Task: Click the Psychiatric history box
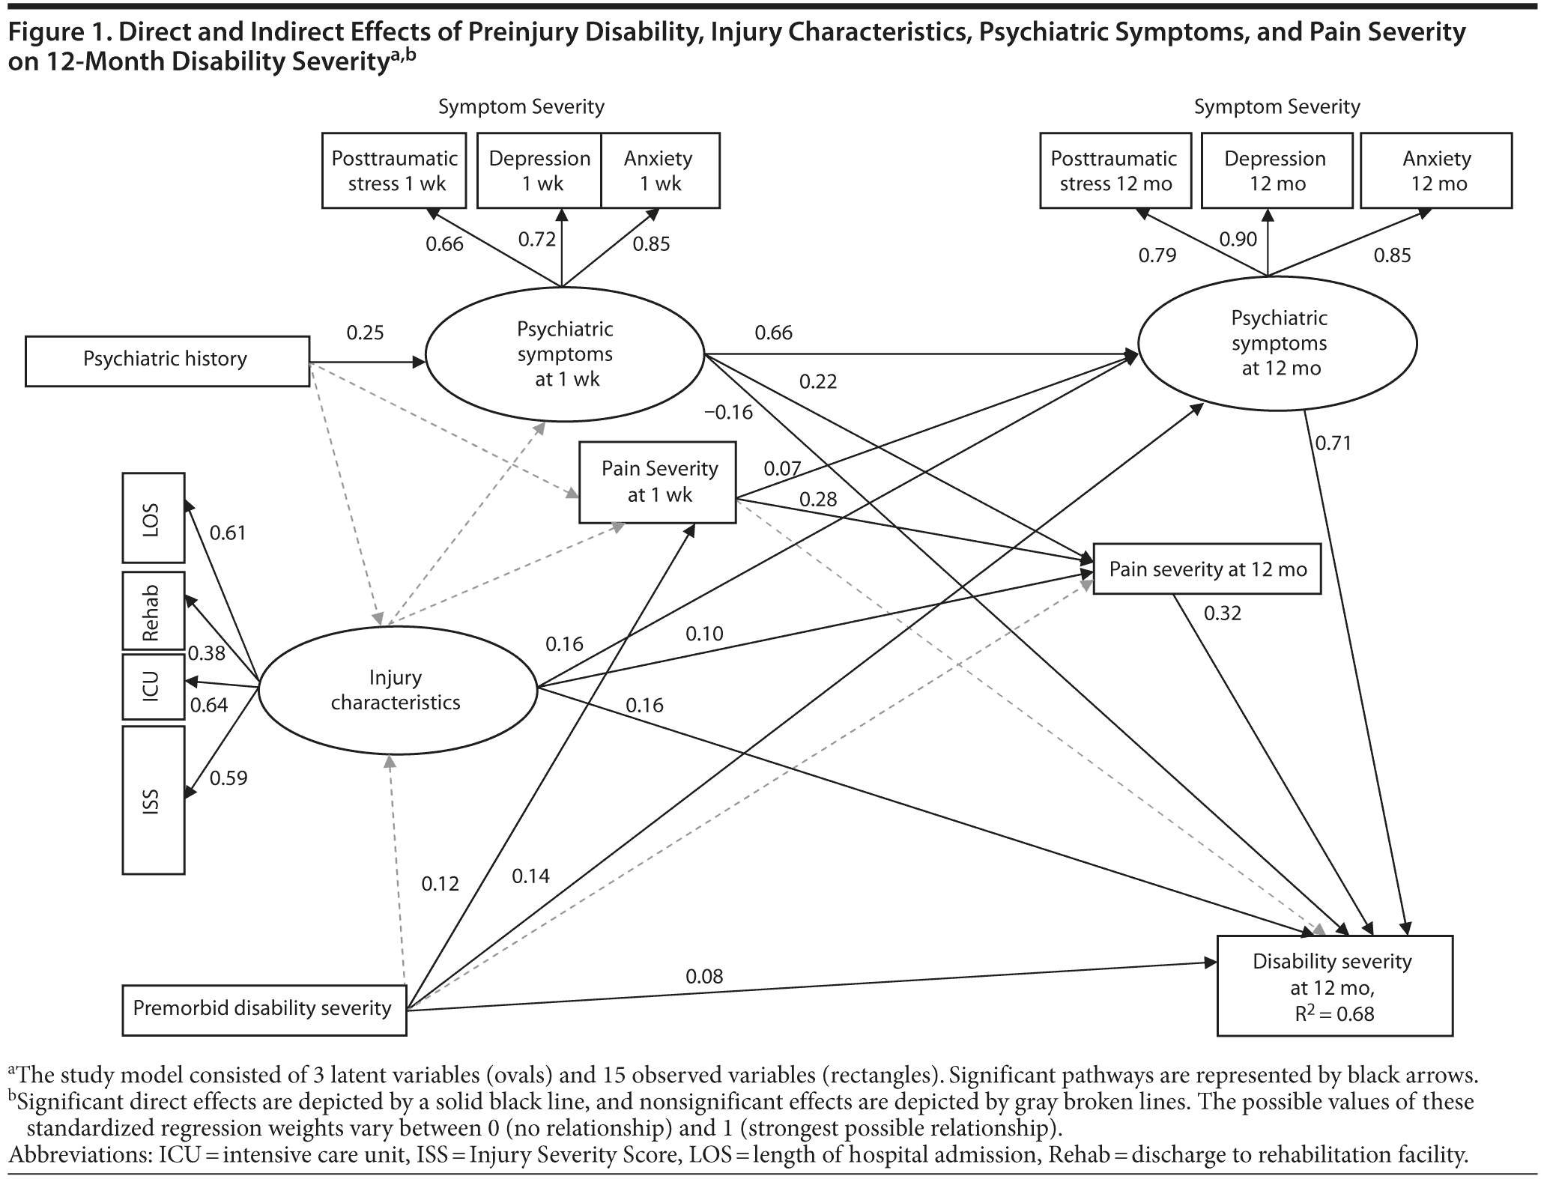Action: tap(167, 361)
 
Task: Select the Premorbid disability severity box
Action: tap(264, 1009)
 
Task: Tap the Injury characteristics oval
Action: tap(397, 690)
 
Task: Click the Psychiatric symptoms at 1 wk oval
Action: tap(565, 354)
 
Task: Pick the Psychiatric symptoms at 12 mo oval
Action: tap(1278, 343)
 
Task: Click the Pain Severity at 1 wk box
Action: tap(657, 482)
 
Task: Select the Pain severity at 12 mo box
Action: tap(1207, 569)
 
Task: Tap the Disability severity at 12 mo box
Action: tap(1334, 986)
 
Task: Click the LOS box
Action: tap(153, 518)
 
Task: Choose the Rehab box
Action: tap(153, 610)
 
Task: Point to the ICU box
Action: tap(153, 686)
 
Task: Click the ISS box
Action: tap(153, 799)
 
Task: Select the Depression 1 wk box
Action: tap(539, 171)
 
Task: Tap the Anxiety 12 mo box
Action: tap(1435, 171)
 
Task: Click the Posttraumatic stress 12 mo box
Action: tap(1115, 171)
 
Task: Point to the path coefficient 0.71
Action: tap(1333, 443)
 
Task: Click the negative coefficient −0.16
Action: tap(728, 413)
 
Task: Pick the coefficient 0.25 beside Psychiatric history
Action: tap(365, 333)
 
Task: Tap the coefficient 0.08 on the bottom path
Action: tap(704, 976)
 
